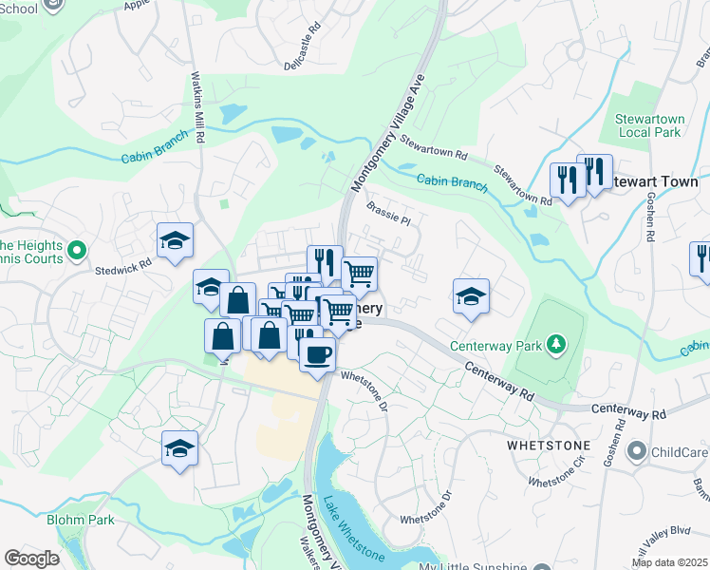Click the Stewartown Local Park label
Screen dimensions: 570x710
click(x=649, y=124)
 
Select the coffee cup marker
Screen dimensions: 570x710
click(x=317, y=355)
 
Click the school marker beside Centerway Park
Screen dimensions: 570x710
click(x=471, y=297)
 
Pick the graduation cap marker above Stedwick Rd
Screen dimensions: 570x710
click(x=176, y=241)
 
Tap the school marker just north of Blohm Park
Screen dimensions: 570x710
click(x=179, y=448)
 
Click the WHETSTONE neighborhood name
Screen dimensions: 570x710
click(x=549, y=445)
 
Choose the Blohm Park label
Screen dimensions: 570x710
click(x=81, y=520)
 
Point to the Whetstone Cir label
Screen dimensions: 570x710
click(x=555, y=478)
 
